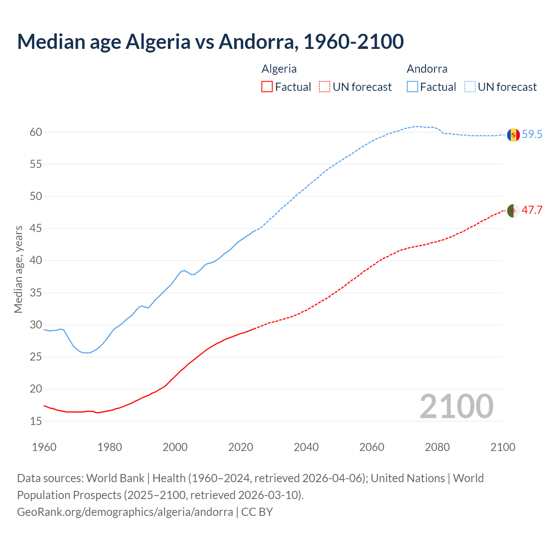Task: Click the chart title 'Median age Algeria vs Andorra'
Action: pyautogui.click(x=210, y=42)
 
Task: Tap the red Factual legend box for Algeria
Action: pyautogui.click(x=267, y=87)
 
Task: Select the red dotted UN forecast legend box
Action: pyautogui.click(x=325, y=87)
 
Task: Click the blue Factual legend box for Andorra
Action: pyautogui.click(x=412, y=87)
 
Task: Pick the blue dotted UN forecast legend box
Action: pyautogui.click(x=470, y=87)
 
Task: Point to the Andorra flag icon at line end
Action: pyautogui.click(x=513, y=135)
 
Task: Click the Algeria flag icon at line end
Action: pyautogui.click(x=513, y=211)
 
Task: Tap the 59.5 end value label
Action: pyautogui.click(x=532, y=135)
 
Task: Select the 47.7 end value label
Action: pyautogui.click(x=532, y=210)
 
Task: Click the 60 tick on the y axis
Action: pyautogui.click(x=36, y=132)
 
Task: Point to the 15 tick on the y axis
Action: pyautogui.click(x=36, y=421)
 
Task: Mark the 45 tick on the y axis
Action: pyautogui.click(x=36, y=229)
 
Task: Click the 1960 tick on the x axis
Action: pyautogui.click(x=44, y=447)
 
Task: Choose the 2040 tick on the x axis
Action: pyautogui.click(x=306, y=447)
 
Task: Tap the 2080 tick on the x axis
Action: pyautogui.click(x=437, y=447)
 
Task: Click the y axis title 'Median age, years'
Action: pyautogui.click(x=18, y=269)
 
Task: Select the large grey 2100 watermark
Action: pyautogui.click(x=456, y=406)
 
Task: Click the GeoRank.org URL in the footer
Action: pyautogui.click(x=125, y=512)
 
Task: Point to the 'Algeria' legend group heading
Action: pyautogui.click(x=279, y=69)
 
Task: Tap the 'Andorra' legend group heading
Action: pyautogui.click(x=427, y=69)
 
